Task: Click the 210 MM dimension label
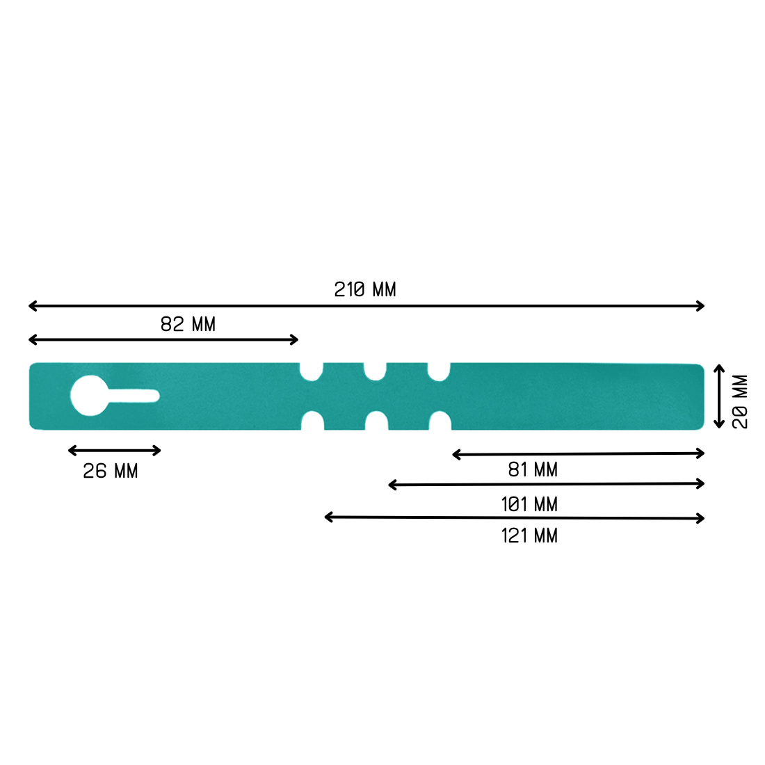[365, 289]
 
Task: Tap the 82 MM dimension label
[188, 324]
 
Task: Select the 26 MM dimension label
[111, 472]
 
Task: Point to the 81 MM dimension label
[533, 470]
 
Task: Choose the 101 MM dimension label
[529, 504]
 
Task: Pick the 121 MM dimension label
[529, 535]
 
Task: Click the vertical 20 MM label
[740, 401]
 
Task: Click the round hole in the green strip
[89, 396]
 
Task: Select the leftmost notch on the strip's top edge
[312, 371]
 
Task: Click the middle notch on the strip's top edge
[376, 371]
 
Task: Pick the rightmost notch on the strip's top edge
[439, 371]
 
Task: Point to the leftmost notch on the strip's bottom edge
[313, 421]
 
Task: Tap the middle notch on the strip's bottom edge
[377, 421]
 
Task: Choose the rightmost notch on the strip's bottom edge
[440, 421]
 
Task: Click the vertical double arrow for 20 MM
[720, 396]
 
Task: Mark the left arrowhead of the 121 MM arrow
[327, 517]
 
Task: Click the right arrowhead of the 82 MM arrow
[296, 339]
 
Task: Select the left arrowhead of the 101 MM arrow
[391, 485]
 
